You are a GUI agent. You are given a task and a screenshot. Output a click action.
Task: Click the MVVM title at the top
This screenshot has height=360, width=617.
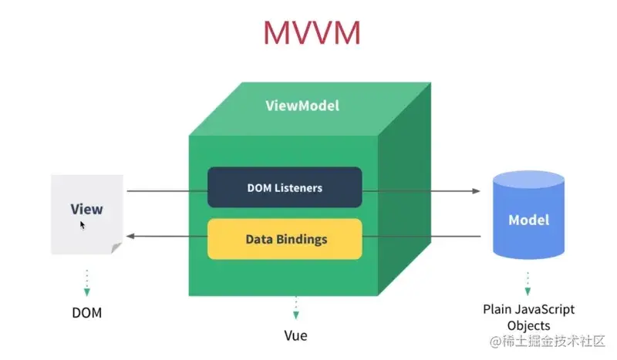(x=311, y=32)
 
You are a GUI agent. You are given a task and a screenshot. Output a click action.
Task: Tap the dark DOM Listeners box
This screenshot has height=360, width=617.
(x=285, y=187)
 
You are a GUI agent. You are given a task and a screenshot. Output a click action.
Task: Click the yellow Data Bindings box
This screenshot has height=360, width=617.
(x=285, y=239)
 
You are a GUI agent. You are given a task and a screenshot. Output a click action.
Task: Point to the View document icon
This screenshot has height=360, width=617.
(x=86, y=214)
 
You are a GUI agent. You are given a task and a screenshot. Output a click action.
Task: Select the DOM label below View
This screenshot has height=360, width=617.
(x=86, y=313)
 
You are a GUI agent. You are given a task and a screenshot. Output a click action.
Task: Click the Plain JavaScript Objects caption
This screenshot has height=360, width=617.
(x=528, y=317)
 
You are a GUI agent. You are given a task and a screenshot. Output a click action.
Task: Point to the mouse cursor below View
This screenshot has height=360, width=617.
(x=83, y=225)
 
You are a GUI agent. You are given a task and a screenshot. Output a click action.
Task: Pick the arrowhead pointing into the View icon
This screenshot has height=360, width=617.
(x=132, y=237)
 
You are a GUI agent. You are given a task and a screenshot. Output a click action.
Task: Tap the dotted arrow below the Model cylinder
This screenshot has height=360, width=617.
(x=528, y=282)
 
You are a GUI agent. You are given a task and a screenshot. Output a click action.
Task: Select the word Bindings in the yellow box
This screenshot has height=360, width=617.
(x=302, y=239)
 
